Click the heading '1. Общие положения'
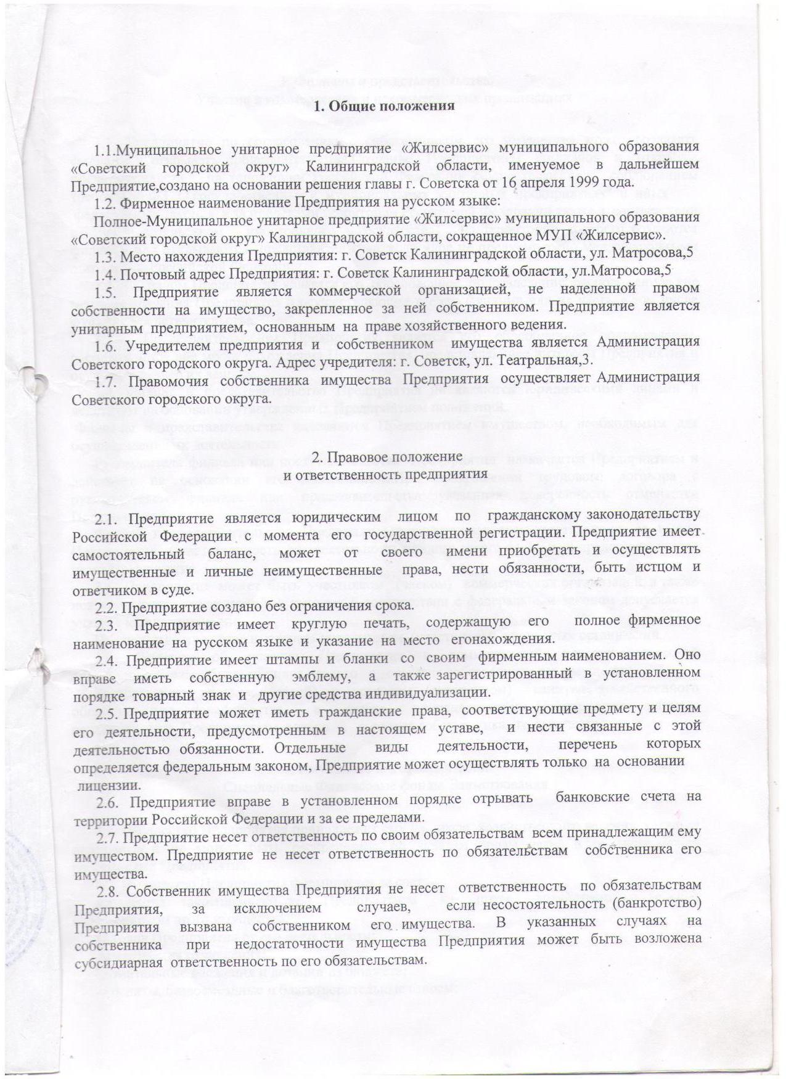pyautogui.click(x=384, y=106)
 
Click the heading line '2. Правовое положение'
pyautogui.click(x=387, y=456)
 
